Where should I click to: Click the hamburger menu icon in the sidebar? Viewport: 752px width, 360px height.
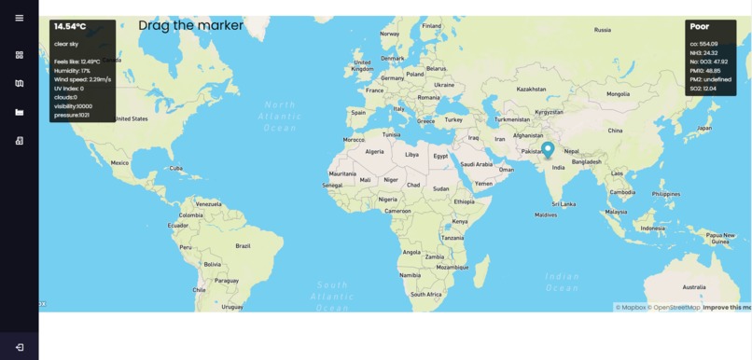pyautogui.click(x=20, y=19)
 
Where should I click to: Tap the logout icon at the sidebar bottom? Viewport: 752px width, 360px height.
pyautogui.click(x=20, y=347)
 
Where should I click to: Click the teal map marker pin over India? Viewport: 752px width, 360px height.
pyautogui.click(x=549, y=149)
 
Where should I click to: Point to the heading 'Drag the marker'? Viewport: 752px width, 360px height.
pyautogui.click(x=190, y=25)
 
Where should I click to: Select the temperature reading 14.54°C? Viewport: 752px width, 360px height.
pyautogui.click(x=70, y=27)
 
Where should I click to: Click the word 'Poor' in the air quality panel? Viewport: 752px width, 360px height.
pyautogui.click(x=700, y=27)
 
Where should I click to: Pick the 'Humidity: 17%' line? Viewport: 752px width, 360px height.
pyautogui.click(x=72, y=70)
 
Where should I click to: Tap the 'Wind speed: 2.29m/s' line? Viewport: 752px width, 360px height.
pyautogui.click(x=82, y=79)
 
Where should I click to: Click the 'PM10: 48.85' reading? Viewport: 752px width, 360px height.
pyautogui.click(x=705, y=70)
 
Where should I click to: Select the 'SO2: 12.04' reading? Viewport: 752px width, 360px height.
pyautogui.click(x=703, y=88)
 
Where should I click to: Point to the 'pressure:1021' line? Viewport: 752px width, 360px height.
pyautogui.click(x=72, y=115)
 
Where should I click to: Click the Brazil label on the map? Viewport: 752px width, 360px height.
pyautogui.click(x=243, y=245)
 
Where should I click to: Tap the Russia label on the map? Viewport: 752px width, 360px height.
pyautogui.click(x=603, y=30)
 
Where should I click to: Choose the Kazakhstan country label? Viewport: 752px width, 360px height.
pyautogui.click(x=531, y=90)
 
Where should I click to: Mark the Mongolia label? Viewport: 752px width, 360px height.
pyautogui.click(x=618, y=93)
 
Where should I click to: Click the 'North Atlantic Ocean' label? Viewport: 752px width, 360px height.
pyautogui.click(x=279, y=116)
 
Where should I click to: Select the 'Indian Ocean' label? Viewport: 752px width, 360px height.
pyautogui.click(x=562, y=282)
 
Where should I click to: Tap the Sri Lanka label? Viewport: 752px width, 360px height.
pyautogui.click(x=561, y=203)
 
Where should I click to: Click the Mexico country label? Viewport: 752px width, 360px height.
pyautogui.click(x=119, y=162)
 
